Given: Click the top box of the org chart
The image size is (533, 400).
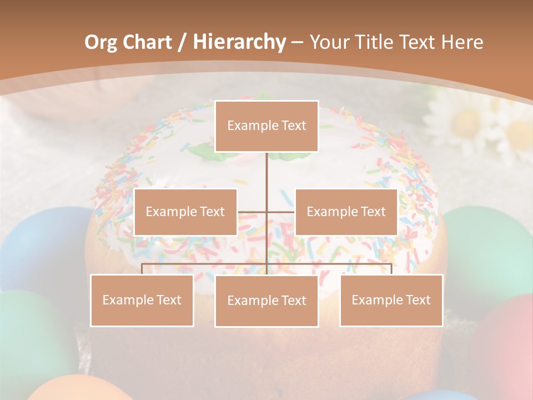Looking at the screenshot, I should coord(266,126).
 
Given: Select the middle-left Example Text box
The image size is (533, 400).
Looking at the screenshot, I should coord(185,212).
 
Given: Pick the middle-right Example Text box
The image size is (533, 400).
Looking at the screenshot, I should coord(346,212).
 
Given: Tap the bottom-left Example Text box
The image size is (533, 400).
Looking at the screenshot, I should coord(142,300).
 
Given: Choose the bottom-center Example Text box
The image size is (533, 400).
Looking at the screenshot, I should coord(266,301).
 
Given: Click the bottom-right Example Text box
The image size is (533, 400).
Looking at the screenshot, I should coord(391,300).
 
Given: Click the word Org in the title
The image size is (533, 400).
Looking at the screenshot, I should coord(100,42).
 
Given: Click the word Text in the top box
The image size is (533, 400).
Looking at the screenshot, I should coord(293,126).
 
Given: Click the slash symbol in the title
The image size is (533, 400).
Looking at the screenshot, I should coord(182,42).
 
